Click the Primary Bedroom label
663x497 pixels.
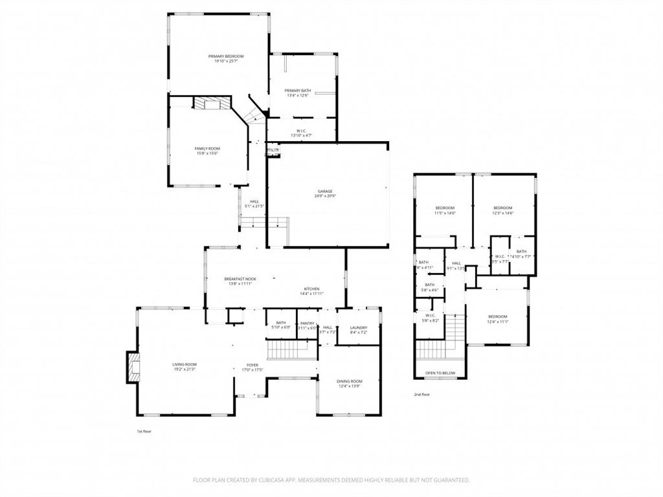click(x=226, y=56)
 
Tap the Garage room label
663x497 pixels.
click(x=324, y=191)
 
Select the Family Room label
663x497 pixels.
click(x=207, y=148)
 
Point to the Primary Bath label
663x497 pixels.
click(x=297, y=90)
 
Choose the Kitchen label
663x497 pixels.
click(x=312, y=289)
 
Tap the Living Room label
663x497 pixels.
click(x=185, y=364)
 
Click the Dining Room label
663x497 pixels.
click(x=349, y=381)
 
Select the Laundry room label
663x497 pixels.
click(x=358, y=327)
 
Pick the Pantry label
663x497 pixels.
click(x=307, y=322)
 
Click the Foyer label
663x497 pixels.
click(x=252, y=365)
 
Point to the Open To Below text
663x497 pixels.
click(x=440, y=373)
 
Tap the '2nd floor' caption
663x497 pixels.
click(x=422, y=394)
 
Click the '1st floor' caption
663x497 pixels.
click(x=144, y=431)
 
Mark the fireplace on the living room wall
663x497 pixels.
click(x=133, y=367)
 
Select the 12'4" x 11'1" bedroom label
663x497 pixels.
click(x=497, y=316)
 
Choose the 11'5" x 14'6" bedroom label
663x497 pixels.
click(x=444, y=208)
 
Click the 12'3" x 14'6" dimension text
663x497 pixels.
click(x=502, y=213)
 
